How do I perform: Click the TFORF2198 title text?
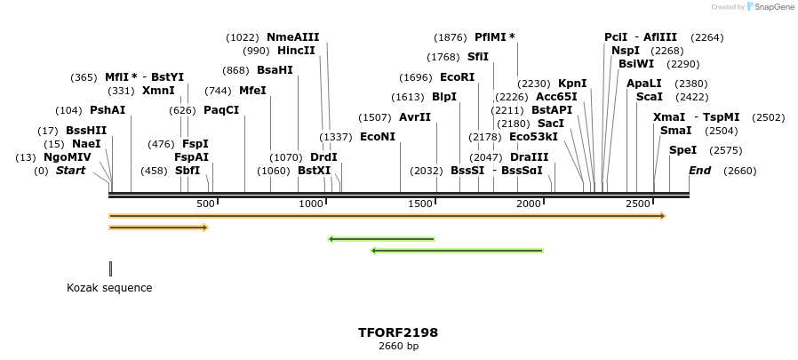click(398, 332)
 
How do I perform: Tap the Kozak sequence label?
click(109, 288)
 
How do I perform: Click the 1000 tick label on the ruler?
click(312, 204)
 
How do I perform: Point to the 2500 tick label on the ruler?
click(638, 204)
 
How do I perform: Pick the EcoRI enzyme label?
click(457, 77)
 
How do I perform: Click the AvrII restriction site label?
click(415, 117)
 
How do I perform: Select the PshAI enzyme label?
click(108, 110)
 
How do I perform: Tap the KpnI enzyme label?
click(572, 84)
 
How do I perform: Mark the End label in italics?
click(699, 171)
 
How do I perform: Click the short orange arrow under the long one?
click(158, 228)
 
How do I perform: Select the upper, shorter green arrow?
click(381, 239)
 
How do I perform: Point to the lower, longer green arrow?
click(457, 251)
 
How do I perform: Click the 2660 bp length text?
click(398, 346)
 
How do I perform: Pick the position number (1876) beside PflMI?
click(450, 37)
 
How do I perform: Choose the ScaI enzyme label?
click(650, 97)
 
